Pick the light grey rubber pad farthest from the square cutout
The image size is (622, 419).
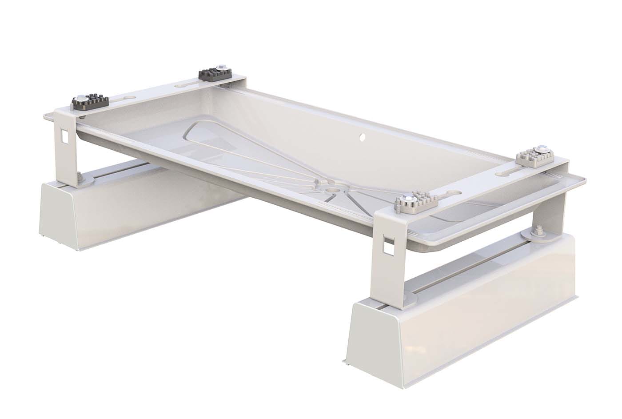534,158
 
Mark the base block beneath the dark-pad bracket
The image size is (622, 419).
111,209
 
